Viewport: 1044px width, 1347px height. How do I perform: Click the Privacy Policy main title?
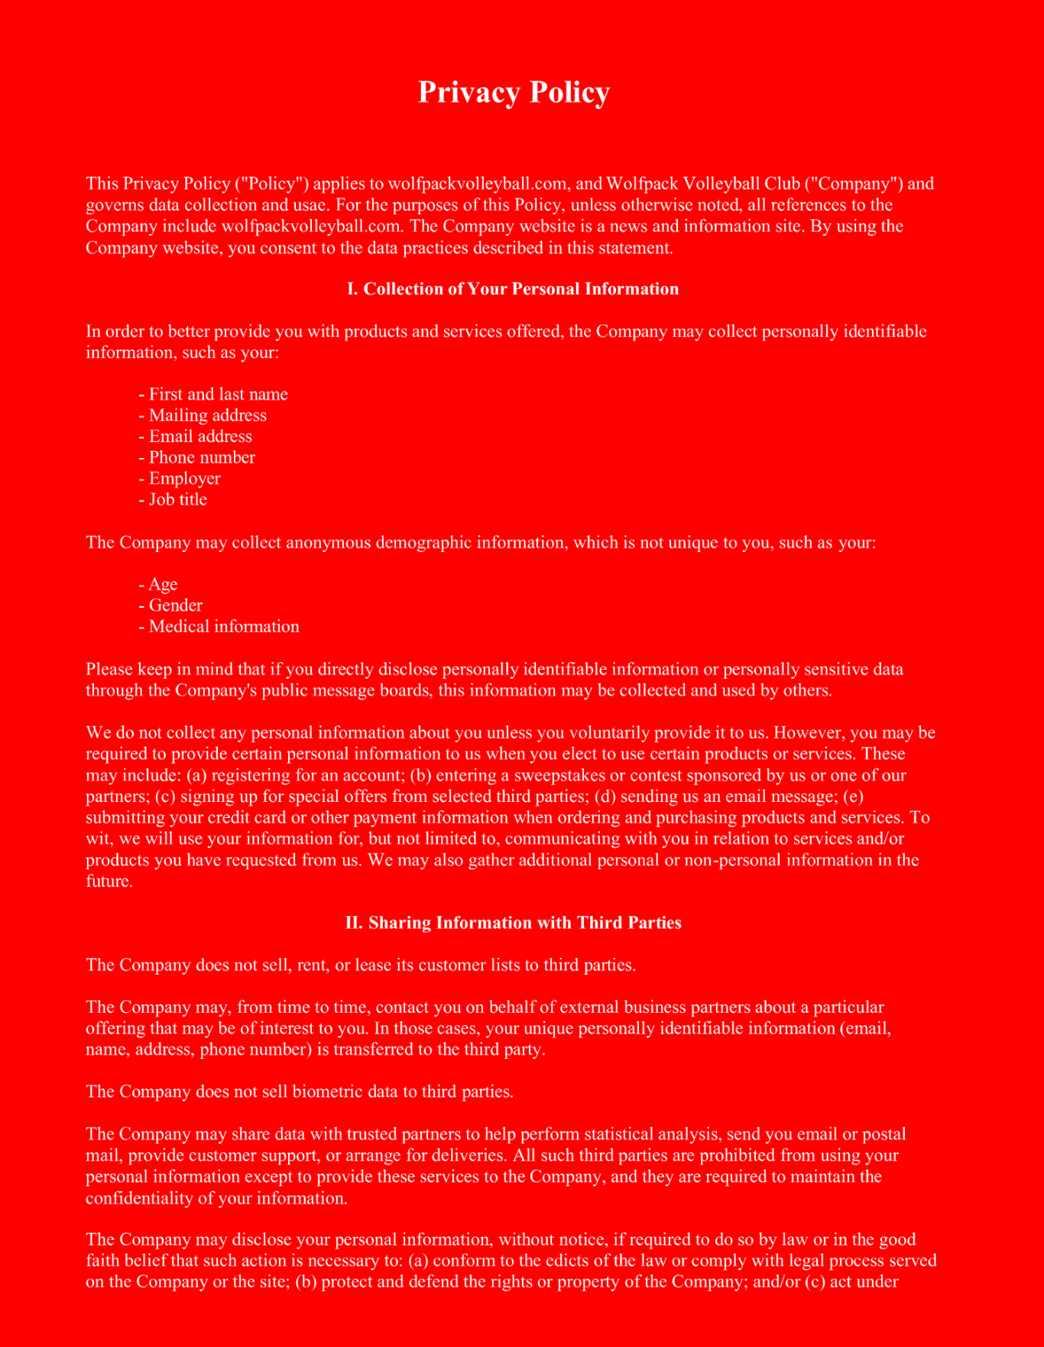[x=514, y=93]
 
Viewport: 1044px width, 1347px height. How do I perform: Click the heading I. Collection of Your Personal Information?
[x=513, y=289]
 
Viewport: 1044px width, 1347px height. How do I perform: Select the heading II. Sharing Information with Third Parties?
[x=513, y=923]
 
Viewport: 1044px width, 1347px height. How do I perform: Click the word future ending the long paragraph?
[x=108, y=881]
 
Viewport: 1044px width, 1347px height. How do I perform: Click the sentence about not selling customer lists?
[x=361, y=965]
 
